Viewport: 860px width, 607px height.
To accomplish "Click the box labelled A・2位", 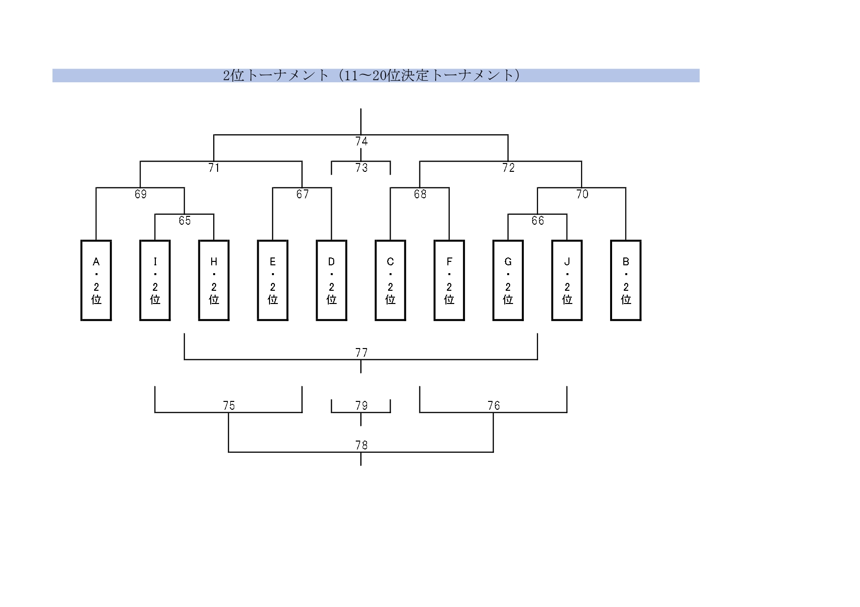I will pyautogui.click(x=96, y=280).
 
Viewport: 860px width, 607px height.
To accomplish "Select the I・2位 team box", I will pyautogui.click(x=155, y=280).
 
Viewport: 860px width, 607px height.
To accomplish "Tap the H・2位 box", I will pyautogui.click(x=214, y=280).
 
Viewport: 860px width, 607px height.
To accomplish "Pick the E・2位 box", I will pyautogui.click(x=272, y=280).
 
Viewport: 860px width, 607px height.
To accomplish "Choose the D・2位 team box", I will pyautogui.click(x=331, y=280).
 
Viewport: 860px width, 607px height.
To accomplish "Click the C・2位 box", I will pyautogui.click(x=390, y=280).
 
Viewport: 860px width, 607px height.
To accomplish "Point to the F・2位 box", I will pyautogui.click(x=449, y=280).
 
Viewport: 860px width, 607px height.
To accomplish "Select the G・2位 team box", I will pyautogui.click(x=508, y=280).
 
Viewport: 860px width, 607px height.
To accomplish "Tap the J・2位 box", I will pyautogui.click(x=567, y=280).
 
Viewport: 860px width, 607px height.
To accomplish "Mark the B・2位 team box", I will pyautogui.click(x=626, y=280).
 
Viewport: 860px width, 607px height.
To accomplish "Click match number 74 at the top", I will pyautogui.click(x=361, y=141).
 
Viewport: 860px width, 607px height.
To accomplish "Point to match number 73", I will pyautogui.click(x=361, y=168).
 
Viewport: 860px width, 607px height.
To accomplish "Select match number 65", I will pyautogui.click(x=185, y=221).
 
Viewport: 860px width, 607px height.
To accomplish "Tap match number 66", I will pyautogui.click(x=538, y=221).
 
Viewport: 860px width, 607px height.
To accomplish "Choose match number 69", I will pyautogui.click(x=141, y=194).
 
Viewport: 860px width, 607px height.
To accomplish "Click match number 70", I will pyautogui.click(x=582, y=194).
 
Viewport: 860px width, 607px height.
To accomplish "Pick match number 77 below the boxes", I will pyautogui.click(x=361, y=353).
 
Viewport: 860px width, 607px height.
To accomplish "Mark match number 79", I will pyautogui.click(x=361, y=406).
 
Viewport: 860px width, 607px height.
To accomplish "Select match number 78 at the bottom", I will pyautogui.click(x=361, y=445).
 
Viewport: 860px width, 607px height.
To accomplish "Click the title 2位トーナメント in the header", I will pyautogui.click(x=371, y=75).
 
